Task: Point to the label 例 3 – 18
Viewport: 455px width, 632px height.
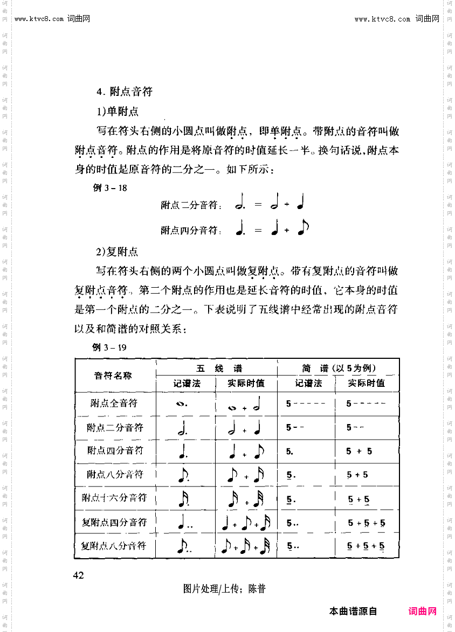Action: [x=111, y=188]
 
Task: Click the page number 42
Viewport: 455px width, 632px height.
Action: [x=79, y=575]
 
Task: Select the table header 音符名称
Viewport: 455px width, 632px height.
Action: [x=113, y=376]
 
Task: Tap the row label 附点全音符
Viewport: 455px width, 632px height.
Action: [x=114, y=403]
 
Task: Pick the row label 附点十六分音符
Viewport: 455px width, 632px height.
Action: [x=114, y=498]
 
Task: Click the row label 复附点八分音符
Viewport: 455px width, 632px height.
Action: [x=114, y=546]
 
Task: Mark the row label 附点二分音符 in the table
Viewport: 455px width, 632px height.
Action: [x=115, y=428]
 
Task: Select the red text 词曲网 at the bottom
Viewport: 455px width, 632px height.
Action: [x=422, y=612]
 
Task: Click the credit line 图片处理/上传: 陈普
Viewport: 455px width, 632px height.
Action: [x=224, y=589]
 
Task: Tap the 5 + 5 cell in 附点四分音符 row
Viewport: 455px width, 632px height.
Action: [x=360, y=451]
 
